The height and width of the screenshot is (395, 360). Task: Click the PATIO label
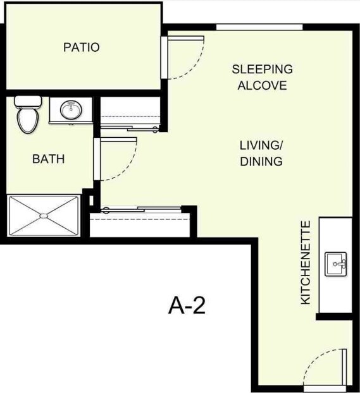(82, 47)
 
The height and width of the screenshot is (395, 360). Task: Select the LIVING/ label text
(261, 145)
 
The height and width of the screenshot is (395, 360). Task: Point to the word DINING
(261, 161)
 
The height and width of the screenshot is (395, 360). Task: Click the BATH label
(48, 159)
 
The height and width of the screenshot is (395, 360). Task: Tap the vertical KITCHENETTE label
(306, 262)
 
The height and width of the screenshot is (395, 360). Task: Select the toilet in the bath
(28, 116)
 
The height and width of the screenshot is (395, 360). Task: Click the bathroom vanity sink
(70, 111)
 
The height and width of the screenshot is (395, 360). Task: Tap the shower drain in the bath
(43, 216)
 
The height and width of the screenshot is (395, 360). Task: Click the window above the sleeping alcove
(259, 27)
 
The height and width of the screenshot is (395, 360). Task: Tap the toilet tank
(27, 101)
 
